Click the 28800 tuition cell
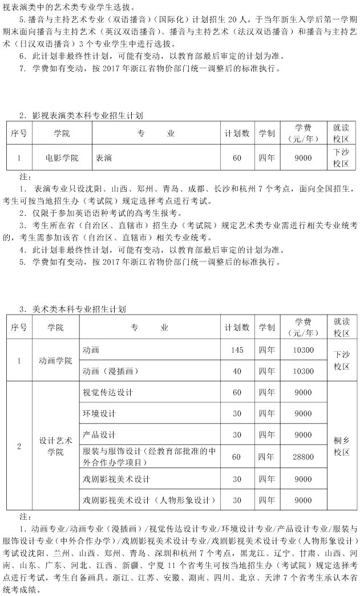coord(303,457)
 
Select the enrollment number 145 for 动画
coord(237,350)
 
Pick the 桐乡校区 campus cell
coord(341,446)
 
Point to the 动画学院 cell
coord(55,361)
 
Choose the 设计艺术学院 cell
coord(55,446)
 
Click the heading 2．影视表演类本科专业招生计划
coord(80,115)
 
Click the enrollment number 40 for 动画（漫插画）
coord(237,371)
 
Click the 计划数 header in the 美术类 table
coord(237,328)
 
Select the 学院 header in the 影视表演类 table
coord(62,133)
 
